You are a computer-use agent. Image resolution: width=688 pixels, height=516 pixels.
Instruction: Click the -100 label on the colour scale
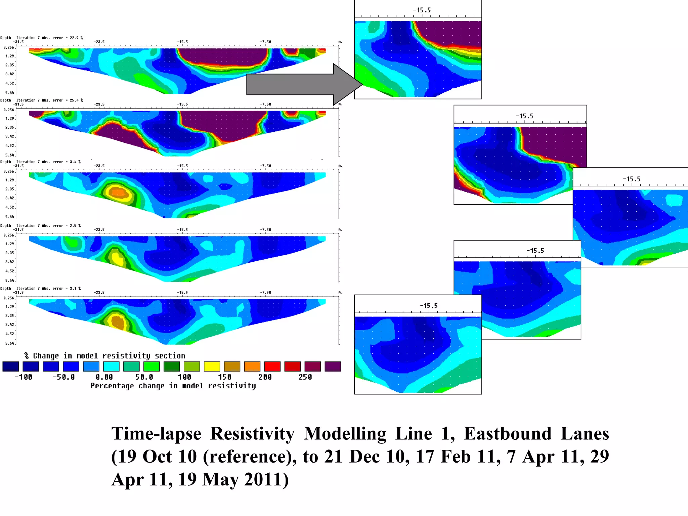coord(24,377)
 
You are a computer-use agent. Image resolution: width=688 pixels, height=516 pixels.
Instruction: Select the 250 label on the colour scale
coord(305,377)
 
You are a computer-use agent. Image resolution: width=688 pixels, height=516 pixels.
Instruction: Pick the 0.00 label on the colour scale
coord(104,377)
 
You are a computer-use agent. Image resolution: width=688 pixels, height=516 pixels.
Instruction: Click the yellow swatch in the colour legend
coord(212,367)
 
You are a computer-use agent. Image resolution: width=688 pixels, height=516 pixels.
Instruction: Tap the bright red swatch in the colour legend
coord(272,367)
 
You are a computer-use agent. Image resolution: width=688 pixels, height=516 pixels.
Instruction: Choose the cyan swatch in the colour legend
coord(111,367)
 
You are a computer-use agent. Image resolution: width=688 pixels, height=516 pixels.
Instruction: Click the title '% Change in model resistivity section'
coord(104,355)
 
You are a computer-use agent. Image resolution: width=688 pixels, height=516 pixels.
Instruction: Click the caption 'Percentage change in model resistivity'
coord(173,386)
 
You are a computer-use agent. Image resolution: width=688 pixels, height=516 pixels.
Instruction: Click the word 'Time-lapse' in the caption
coord(156,433)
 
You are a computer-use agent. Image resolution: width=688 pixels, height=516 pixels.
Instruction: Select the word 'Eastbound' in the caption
coord(508,433)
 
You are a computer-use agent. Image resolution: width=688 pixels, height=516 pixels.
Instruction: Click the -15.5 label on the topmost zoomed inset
coord(422,10)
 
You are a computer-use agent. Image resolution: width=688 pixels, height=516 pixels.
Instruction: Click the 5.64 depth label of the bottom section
coord(9,343)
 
